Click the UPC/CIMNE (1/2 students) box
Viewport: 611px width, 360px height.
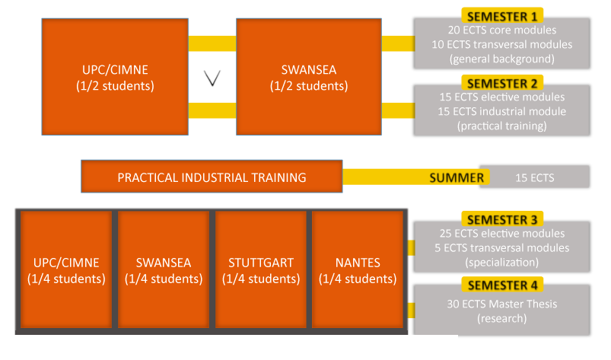(114, 77)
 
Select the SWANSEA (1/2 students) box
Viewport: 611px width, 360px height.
(308, 77)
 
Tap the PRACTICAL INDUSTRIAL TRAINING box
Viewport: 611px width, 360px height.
(212, 177)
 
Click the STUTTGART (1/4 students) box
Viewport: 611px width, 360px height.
(260, 270)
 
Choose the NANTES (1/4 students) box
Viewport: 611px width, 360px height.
(357, 270)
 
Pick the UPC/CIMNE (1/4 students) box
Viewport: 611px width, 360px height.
(66, 270)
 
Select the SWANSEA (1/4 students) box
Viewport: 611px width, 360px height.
(164, 270)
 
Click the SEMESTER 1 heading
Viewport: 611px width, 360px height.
(502, 16)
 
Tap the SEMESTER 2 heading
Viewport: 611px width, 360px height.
(502, 83)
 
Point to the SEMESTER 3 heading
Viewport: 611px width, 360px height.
(502, 219)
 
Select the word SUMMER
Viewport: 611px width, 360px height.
(457, 178)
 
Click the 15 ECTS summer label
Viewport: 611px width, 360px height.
(534, 178)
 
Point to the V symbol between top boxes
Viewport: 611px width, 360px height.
(213, 78)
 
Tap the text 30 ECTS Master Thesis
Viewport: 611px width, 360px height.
(502, 304)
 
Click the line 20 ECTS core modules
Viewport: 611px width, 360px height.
(502, 30)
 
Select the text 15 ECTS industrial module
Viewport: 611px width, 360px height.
(502, 112)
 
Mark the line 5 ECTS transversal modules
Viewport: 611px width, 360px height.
(502, 248)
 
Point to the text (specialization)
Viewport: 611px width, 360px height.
(502, 263)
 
